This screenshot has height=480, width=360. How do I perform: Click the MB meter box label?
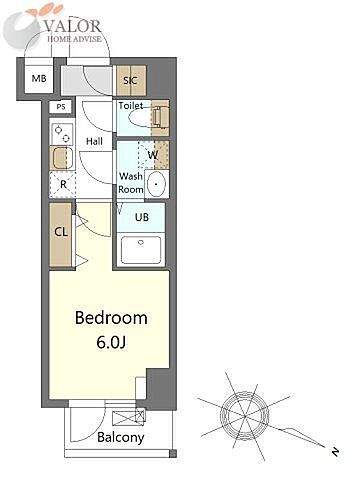pyautogui.click(x=39, y=79)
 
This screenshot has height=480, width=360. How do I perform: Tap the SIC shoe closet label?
pyautogui.click(x=130, y=80)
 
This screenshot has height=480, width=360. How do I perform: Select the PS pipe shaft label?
pyautogui.click(x=61, y=107)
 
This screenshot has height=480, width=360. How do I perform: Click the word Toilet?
pyautogui.click(x=131, y=106)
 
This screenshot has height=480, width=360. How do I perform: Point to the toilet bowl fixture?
pyautogui.click(x=146, y=117)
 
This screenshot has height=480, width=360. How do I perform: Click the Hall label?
pyautogui.click(x=94, y=141)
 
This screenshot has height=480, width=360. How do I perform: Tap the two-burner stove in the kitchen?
pyautogui.click(x=62, y=134)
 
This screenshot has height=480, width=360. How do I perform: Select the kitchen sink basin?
pyautogui.click(x=62, y=158)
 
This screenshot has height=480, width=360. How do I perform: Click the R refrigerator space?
pyautogui.click(x=63, y=184)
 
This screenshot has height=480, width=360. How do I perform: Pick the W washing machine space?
pyautogui.click(x=153, y=155)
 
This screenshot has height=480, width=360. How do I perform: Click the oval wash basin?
pyautogui.click(x=157, y=184)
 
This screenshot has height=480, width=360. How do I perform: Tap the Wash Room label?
pyautogui.click(x=131, y=183)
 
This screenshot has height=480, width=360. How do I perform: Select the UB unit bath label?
pyautogui.click(x=142, y=217)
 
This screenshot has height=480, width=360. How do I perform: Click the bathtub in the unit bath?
pyautogui.click(x=141, y=250)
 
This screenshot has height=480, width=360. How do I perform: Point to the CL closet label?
pyautogui.click(x=61, y=232)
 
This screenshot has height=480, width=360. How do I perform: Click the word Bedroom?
pyautogui.click(x=111, y=318)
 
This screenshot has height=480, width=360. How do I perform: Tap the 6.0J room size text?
pyautogui.click(x=111, y=342)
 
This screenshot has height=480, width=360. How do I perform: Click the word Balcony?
pyautogui.click(x=121, y=437)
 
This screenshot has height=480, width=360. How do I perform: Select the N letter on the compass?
pyautogui.click(x=335, y=452)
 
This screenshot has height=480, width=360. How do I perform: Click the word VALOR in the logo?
pyautogui.click(x=72, y=26)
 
